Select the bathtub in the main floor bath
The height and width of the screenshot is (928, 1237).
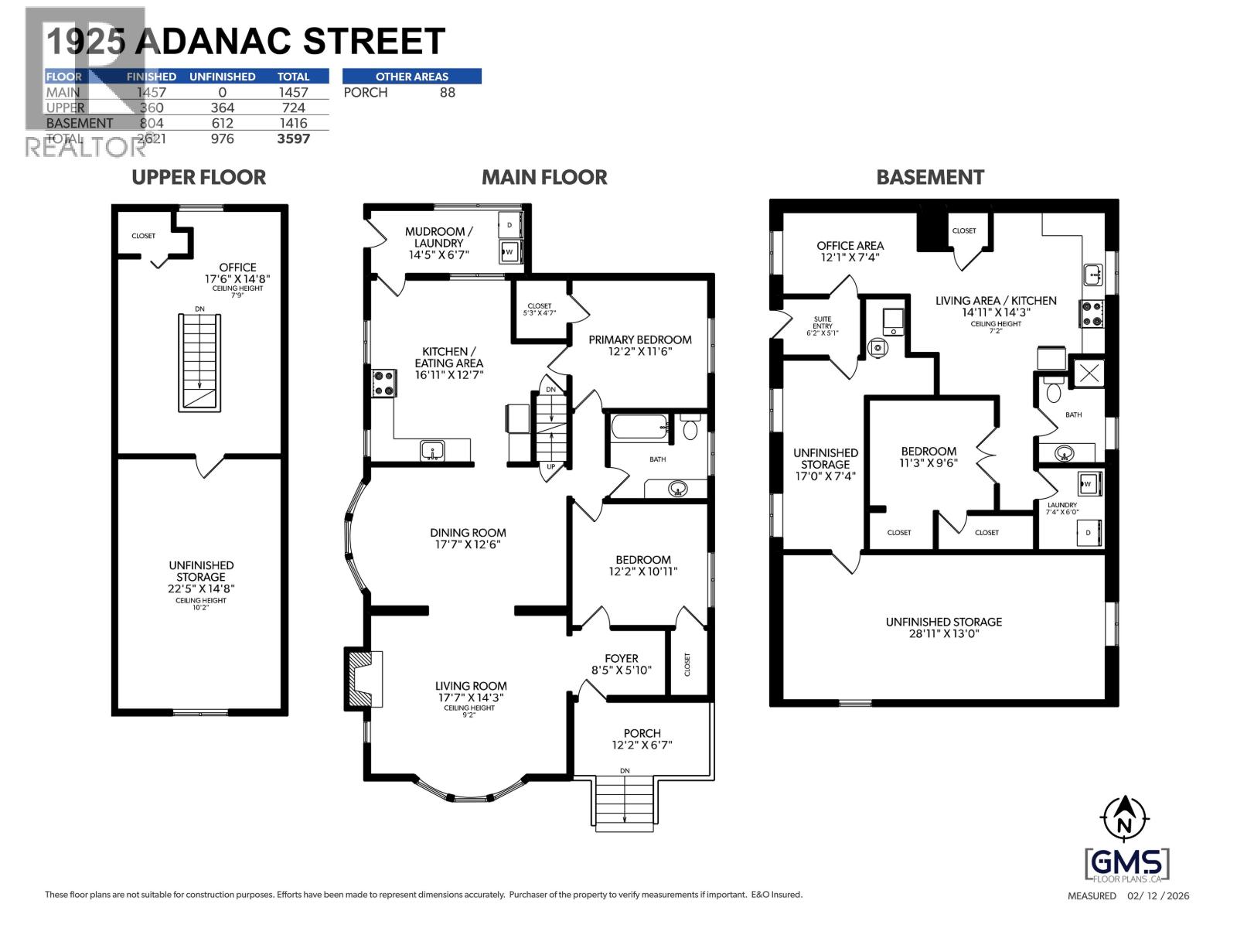point(639,426)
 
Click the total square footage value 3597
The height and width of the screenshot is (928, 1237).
point(293,138)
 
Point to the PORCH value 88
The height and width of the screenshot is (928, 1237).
point(446,93)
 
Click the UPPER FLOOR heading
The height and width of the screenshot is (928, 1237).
point(199,177)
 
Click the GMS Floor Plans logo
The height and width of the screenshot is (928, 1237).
point(1127,865)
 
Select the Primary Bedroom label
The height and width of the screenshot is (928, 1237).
point(639,339)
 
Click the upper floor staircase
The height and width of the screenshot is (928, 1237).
point(200,362)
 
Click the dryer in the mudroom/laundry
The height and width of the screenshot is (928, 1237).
point(509,225)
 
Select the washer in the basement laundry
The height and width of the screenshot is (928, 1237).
point(1089,484)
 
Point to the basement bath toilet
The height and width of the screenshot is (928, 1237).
point(1051,391)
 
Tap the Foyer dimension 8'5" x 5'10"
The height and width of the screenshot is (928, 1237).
point(621,670)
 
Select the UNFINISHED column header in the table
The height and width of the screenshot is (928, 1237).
point(222,77)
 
